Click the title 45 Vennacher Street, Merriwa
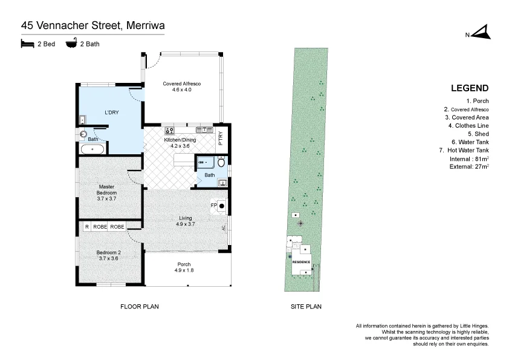tap(93, 25)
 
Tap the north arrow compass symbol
tap(481, 33)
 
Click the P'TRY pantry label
tap(221, 139)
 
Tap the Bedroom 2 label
tap(110, 255)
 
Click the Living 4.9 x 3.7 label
tap(186, 221)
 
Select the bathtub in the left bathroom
tap(94, 149)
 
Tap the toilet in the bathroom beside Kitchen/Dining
tap(221, 163)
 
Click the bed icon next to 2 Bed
tap(27, 44)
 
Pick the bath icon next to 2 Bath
tap(71, 44)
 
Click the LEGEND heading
tap(470, 88)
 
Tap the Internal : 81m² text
tap(469, 159)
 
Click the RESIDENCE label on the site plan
tap(301, 262)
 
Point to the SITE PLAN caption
tap(306, 307)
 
